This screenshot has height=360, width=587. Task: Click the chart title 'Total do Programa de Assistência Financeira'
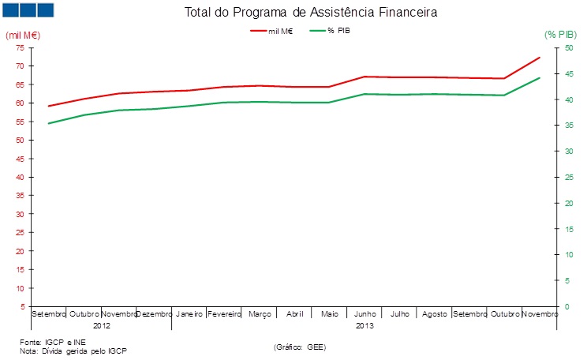click(x=310, y=13)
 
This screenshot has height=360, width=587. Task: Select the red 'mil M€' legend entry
click(x=272, y=30)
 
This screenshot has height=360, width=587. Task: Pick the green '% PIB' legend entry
click(x=331, y=30)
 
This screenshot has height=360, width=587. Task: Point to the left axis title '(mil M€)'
click(x=23, y=36)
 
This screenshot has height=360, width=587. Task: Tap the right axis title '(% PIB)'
click(x=561, y=35)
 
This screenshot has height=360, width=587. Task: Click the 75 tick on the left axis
click(x=19, y=47)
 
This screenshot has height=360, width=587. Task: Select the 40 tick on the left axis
click(x=19, y=177)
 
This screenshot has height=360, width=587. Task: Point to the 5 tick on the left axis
click(x=21, y=306)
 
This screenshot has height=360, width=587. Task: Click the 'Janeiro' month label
click(x=189, y=314)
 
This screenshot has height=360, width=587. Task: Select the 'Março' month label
click(x=260, y=314)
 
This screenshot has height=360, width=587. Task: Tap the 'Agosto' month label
click(x=435, y=314)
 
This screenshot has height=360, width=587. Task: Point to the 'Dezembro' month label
click(x=155, y=314)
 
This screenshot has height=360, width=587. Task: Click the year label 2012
click(x=101, y=325)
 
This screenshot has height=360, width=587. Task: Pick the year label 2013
click(x=365, y=325)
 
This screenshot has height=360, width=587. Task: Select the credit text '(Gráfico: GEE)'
click(x=300, y=347)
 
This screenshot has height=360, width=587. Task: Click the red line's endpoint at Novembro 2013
click(x=540, y=57)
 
